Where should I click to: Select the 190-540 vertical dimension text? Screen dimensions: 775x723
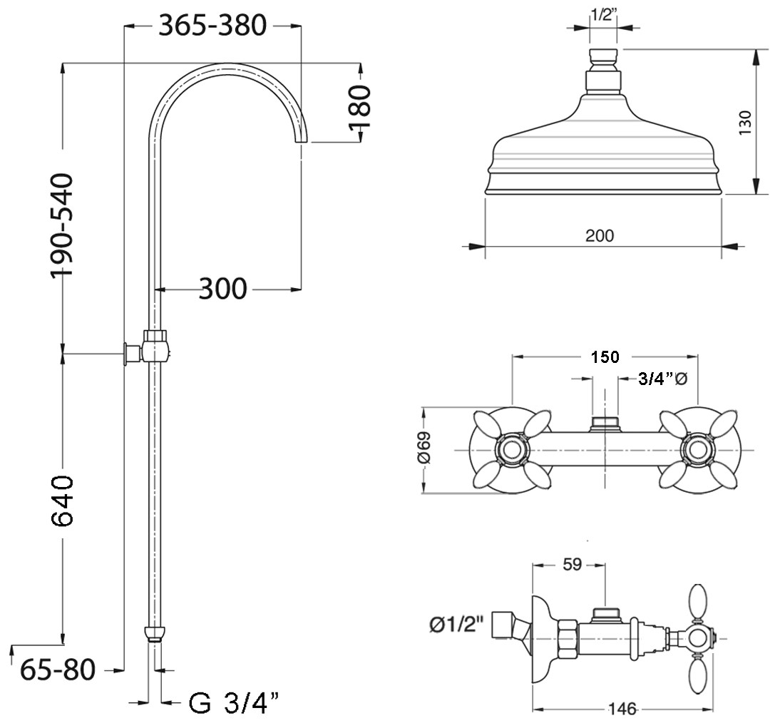[62, 225]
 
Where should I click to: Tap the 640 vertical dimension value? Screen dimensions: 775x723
[62, 501]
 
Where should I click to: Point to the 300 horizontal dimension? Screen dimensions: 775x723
[222, 289]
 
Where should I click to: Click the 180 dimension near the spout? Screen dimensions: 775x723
[359, 107]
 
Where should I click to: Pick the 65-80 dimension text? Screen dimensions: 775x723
[58, 670]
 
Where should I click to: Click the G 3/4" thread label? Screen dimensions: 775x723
[235, 702]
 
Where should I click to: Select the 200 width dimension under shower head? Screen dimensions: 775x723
[600, 236]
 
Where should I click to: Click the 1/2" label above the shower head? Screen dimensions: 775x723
[603, 15]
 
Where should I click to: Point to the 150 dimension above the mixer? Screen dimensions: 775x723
[605, 357]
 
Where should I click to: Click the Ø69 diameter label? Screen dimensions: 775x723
[424, 448]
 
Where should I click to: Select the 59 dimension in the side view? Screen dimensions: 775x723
[573, 565]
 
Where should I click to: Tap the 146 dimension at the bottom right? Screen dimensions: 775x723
[622, 709]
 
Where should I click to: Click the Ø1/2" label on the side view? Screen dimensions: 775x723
[455, 625]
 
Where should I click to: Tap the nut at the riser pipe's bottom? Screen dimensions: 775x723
[155, 634]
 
